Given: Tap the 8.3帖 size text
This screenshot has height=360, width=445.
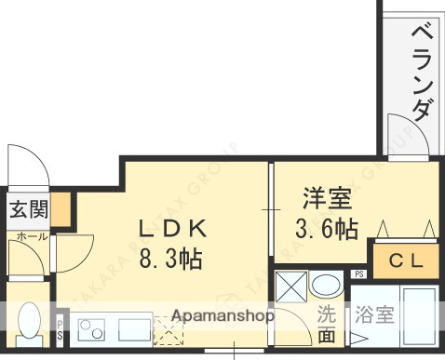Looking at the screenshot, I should [x=172, y=257].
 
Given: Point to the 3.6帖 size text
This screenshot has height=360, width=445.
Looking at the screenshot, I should [x=326, y=229].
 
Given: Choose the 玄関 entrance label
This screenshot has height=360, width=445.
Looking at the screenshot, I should [x=28, y=209].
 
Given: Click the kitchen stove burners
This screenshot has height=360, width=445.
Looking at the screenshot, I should [x=92, y=327].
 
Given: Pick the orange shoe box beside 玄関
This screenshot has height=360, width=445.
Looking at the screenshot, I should [x=61, y=208].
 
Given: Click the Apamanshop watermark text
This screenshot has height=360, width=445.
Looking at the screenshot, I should [x=221, y=314].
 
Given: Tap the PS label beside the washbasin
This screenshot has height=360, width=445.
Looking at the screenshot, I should [x=358, y=273].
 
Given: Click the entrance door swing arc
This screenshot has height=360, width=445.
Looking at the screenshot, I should [x=26, y=164].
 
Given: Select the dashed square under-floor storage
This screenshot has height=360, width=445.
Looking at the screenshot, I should [x=168, y=331].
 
